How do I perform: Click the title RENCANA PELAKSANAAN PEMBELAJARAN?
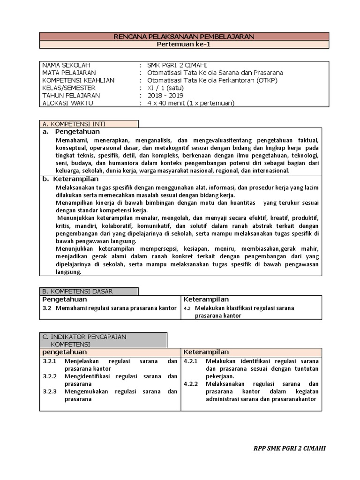180,37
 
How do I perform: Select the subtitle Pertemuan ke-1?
180,45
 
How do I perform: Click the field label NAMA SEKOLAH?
66,65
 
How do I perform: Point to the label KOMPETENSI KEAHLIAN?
78,80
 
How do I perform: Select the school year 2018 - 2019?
165,95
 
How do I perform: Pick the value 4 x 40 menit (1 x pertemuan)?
190,103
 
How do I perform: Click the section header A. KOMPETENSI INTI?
74,124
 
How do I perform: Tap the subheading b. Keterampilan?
70,179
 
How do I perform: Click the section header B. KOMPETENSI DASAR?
77,291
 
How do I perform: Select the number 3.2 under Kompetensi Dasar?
46,308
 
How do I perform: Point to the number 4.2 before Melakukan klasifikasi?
187,308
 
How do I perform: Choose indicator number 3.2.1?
49,361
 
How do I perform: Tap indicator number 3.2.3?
49,391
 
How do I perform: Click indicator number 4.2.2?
191,384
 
